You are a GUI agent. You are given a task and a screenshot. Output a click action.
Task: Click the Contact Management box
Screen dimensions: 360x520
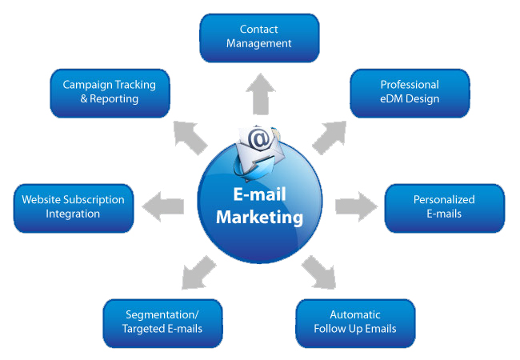pos(258,37)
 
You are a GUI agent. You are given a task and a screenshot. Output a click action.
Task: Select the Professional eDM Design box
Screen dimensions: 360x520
pos(410,92)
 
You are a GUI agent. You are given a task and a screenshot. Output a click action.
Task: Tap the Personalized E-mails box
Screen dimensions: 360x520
pos(444,207)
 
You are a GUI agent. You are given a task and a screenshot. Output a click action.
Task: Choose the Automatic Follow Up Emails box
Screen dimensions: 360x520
pos(355,322)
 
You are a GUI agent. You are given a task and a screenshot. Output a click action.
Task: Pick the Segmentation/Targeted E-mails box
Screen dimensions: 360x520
pos(162,322)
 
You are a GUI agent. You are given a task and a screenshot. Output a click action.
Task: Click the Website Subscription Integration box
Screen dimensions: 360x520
pos(73,207)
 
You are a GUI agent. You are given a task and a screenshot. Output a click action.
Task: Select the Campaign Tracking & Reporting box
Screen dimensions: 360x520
pos(110,92)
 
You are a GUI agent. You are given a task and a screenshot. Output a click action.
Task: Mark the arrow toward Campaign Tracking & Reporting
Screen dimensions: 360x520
pos(190,134)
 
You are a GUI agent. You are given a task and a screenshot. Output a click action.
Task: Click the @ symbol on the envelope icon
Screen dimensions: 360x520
pos(259,140)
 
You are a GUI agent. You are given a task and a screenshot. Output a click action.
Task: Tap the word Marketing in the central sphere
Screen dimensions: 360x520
pos(260,218)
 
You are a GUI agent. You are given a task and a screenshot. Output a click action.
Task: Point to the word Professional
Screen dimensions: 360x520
pos(410,85)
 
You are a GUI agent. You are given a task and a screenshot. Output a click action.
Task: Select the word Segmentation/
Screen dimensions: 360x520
pos(162,314)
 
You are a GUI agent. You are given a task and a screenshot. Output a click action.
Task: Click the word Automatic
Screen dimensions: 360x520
pos(355,314)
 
